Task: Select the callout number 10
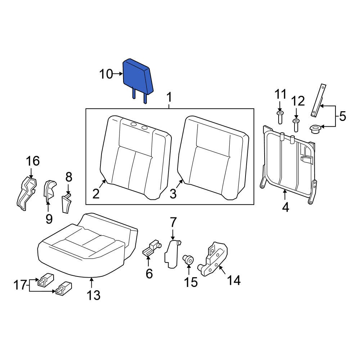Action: click(106, 75)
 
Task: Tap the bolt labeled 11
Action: click(280, 117)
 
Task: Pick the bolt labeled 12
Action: click(296, 125)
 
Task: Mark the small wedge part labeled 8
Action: click(66, 203)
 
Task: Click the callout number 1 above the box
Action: click(169, 98)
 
